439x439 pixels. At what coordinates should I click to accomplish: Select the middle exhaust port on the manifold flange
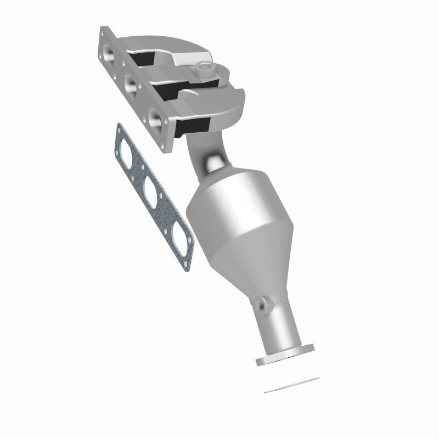(x=131, y=83)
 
